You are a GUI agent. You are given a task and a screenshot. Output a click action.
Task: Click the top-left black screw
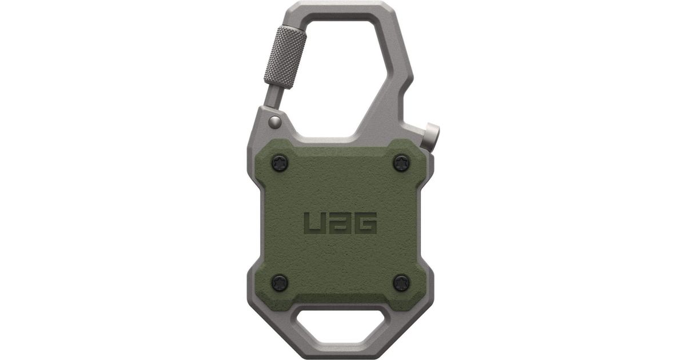(280, 163)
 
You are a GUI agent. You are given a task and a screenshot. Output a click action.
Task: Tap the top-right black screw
(401, 163)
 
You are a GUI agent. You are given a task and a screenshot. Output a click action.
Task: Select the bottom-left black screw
(280, 283)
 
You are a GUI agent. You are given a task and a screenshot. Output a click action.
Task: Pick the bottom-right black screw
(401, 283)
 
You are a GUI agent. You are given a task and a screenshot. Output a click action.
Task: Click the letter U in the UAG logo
(316, 223)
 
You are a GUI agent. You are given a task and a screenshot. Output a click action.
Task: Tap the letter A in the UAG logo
(340, 223)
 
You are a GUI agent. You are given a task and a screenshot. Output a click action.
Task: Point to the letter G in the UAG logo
(365, 223)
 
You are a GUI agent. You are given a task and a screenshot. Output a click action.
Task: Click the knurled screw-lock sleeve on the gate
(285, 57)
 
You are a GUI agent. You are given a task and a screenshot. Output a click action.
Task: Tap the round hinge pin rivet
(275, 122)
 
